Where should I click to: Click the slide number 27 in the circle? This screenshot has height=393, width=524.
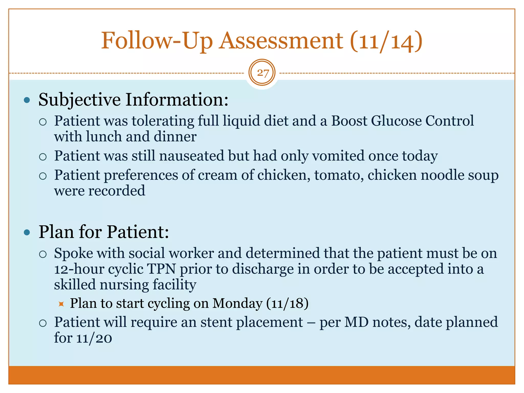[262, 73]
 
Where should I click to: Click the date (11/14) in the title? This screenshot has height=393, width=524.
[386, 41]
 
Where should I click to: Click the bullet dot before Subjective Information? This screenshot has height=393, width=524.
[27, 100]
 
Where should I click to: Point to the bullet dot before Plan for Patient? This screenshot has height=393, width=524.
[27, 232]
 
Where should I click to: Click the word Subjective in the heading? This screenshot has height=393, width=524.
[80, 100]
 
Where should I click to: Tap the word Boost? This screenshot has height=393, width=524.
[349, 121]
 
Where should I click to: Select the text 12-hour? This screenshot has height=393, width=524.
[79, 269]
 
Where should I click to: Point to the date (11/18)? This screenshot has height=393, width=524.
[287, 303]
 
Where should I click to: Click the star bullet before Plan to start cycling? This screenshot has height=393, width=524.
[61, 304]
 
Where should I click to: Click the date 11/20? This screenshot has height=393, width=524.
[94, 338]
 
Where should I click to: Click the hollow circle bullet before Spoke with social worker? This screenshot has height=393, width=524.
[43, 254]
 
